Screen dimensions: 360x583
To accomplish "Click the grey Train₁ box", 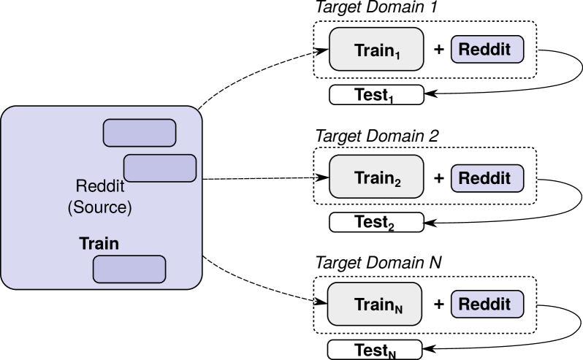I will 376,49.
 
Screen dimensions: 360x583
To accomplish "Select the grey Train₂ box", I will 376,177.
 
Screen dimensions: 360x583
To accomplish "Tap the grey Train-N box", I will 375,304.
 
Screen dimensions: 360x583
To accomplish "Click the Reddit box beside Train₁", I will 487,50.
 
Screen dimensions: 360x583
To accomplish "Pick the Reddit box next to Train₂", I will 487,177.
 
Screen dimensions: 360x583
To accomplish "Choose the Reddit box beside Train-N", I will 487,304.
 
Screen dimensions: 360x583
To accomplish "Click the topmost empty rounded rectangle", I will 140,133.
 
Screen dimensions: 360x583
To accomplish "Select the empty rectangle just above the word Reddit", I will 160,168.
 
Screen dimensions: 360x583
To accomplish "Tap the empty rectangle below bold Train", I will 129,269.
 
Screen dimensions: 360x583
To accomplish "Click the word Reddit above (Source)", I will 100,186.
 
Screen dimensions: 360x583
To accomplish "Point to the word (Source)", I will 99,207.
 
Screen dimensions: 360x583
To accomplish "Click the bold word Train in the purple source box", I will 99,243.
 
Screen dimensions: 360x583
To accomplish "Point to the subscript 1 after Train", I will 398,55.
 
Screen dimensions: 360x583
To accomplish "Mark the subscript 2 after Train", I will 397,183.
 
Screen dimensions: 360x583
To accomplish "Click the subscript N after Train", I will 398,309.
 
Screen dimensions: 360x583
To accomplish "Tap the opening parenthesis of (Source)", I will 70,208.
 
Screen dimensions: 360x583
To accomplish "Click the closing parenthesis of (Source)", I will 129,208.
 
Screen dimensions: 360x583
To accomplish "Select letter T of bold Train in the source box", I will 83,243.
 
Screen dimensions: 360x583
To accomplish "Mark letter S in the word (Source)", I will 77,207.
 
